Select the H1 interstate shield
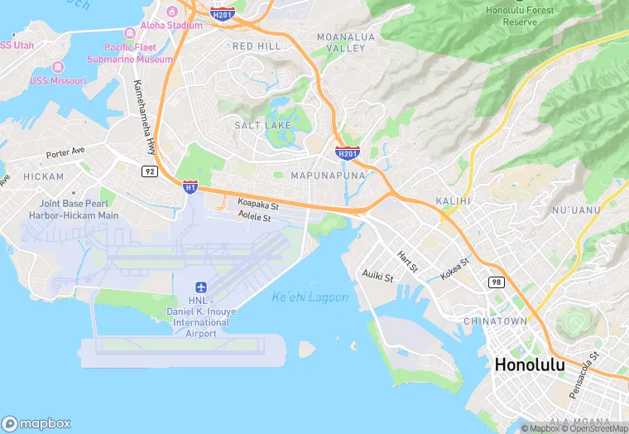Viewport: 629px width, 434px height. tap(190, 187)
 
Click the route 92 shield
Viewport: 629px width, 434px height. tap(149, 171)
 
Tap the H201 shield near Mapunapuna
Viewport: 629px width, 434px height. tap(347, 153)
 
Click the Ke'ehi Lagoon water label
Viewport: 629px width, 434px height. tap(310, 297)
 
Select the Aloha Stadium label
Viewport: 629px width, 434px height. tap(170, 26)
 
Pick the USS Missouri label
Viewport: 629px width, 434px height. tap(58, 80)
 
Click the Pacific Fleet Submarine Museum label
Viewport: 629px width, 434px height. tap(130, 53)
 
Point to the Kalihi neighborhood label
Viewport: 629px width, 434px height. tap(453, 201)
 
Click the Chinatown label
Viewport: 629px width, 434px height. tap(495, 321)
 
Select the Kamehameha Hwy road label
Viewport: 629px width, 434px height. tap(144, 115)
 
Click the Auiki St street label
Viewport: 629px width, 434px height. tap(378, 276)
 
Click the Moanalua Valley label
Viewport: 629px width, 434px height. tap(345, 43)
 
